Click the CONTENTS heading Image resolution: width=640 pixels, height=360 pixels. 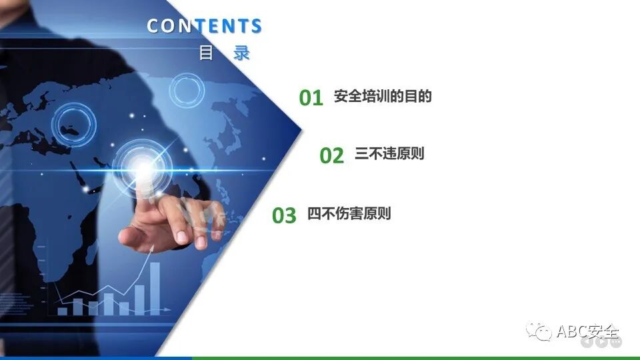pos(204,26)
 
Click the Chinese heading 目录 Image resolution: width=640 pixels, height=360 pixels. pos(224,53)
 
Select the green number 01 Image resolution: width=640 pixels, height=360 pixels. pos(311,98)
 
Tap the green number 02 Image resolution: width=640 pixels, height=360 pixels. pos(331,156)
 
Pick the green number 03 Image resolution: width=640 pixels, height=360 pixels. pos(284,216)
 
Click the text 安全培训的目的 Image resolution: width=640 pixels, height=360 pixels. pos(383,97)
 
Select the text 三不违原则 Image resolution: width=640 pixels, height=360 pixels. pos(389,154)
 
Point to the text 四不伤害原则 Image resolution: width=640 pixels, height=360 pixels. pos(349,214)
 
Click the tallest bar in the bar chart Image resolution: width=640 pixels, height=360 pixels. pos(155,287)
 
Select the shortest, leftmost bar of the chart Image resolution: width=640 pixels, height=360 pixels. pos(62,311)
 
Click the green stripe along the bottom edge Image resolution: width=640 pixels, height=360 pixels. pos(413,357)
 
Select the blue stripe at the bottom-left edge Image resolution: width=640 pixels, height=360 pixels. pos(93,357)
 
